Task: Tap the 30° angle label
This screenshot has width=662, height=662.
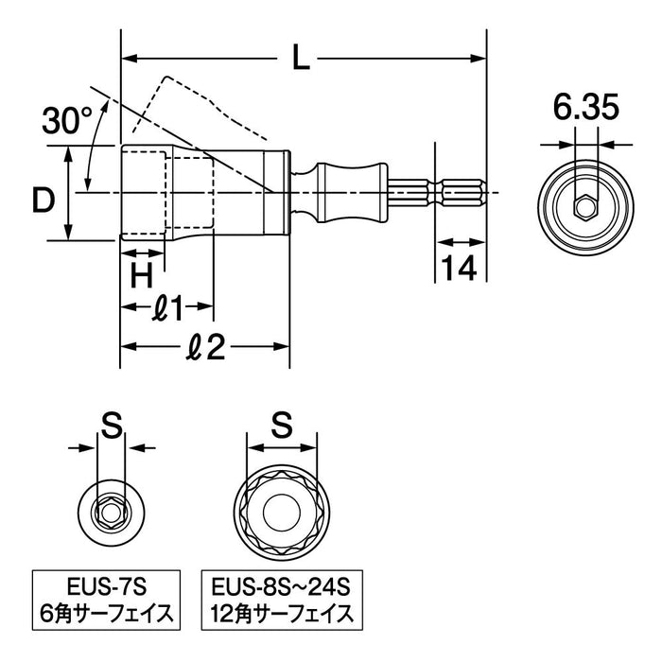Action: click(x=67, y=120)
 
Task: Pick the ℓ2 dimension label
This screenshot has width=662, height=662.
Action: click(x=204, y=348)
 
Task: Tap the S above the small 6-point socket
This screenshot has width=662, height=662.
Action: click(x=112, y=427)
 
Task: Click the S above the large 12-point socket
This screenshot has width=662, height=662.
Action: click(x=281, y=427)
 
